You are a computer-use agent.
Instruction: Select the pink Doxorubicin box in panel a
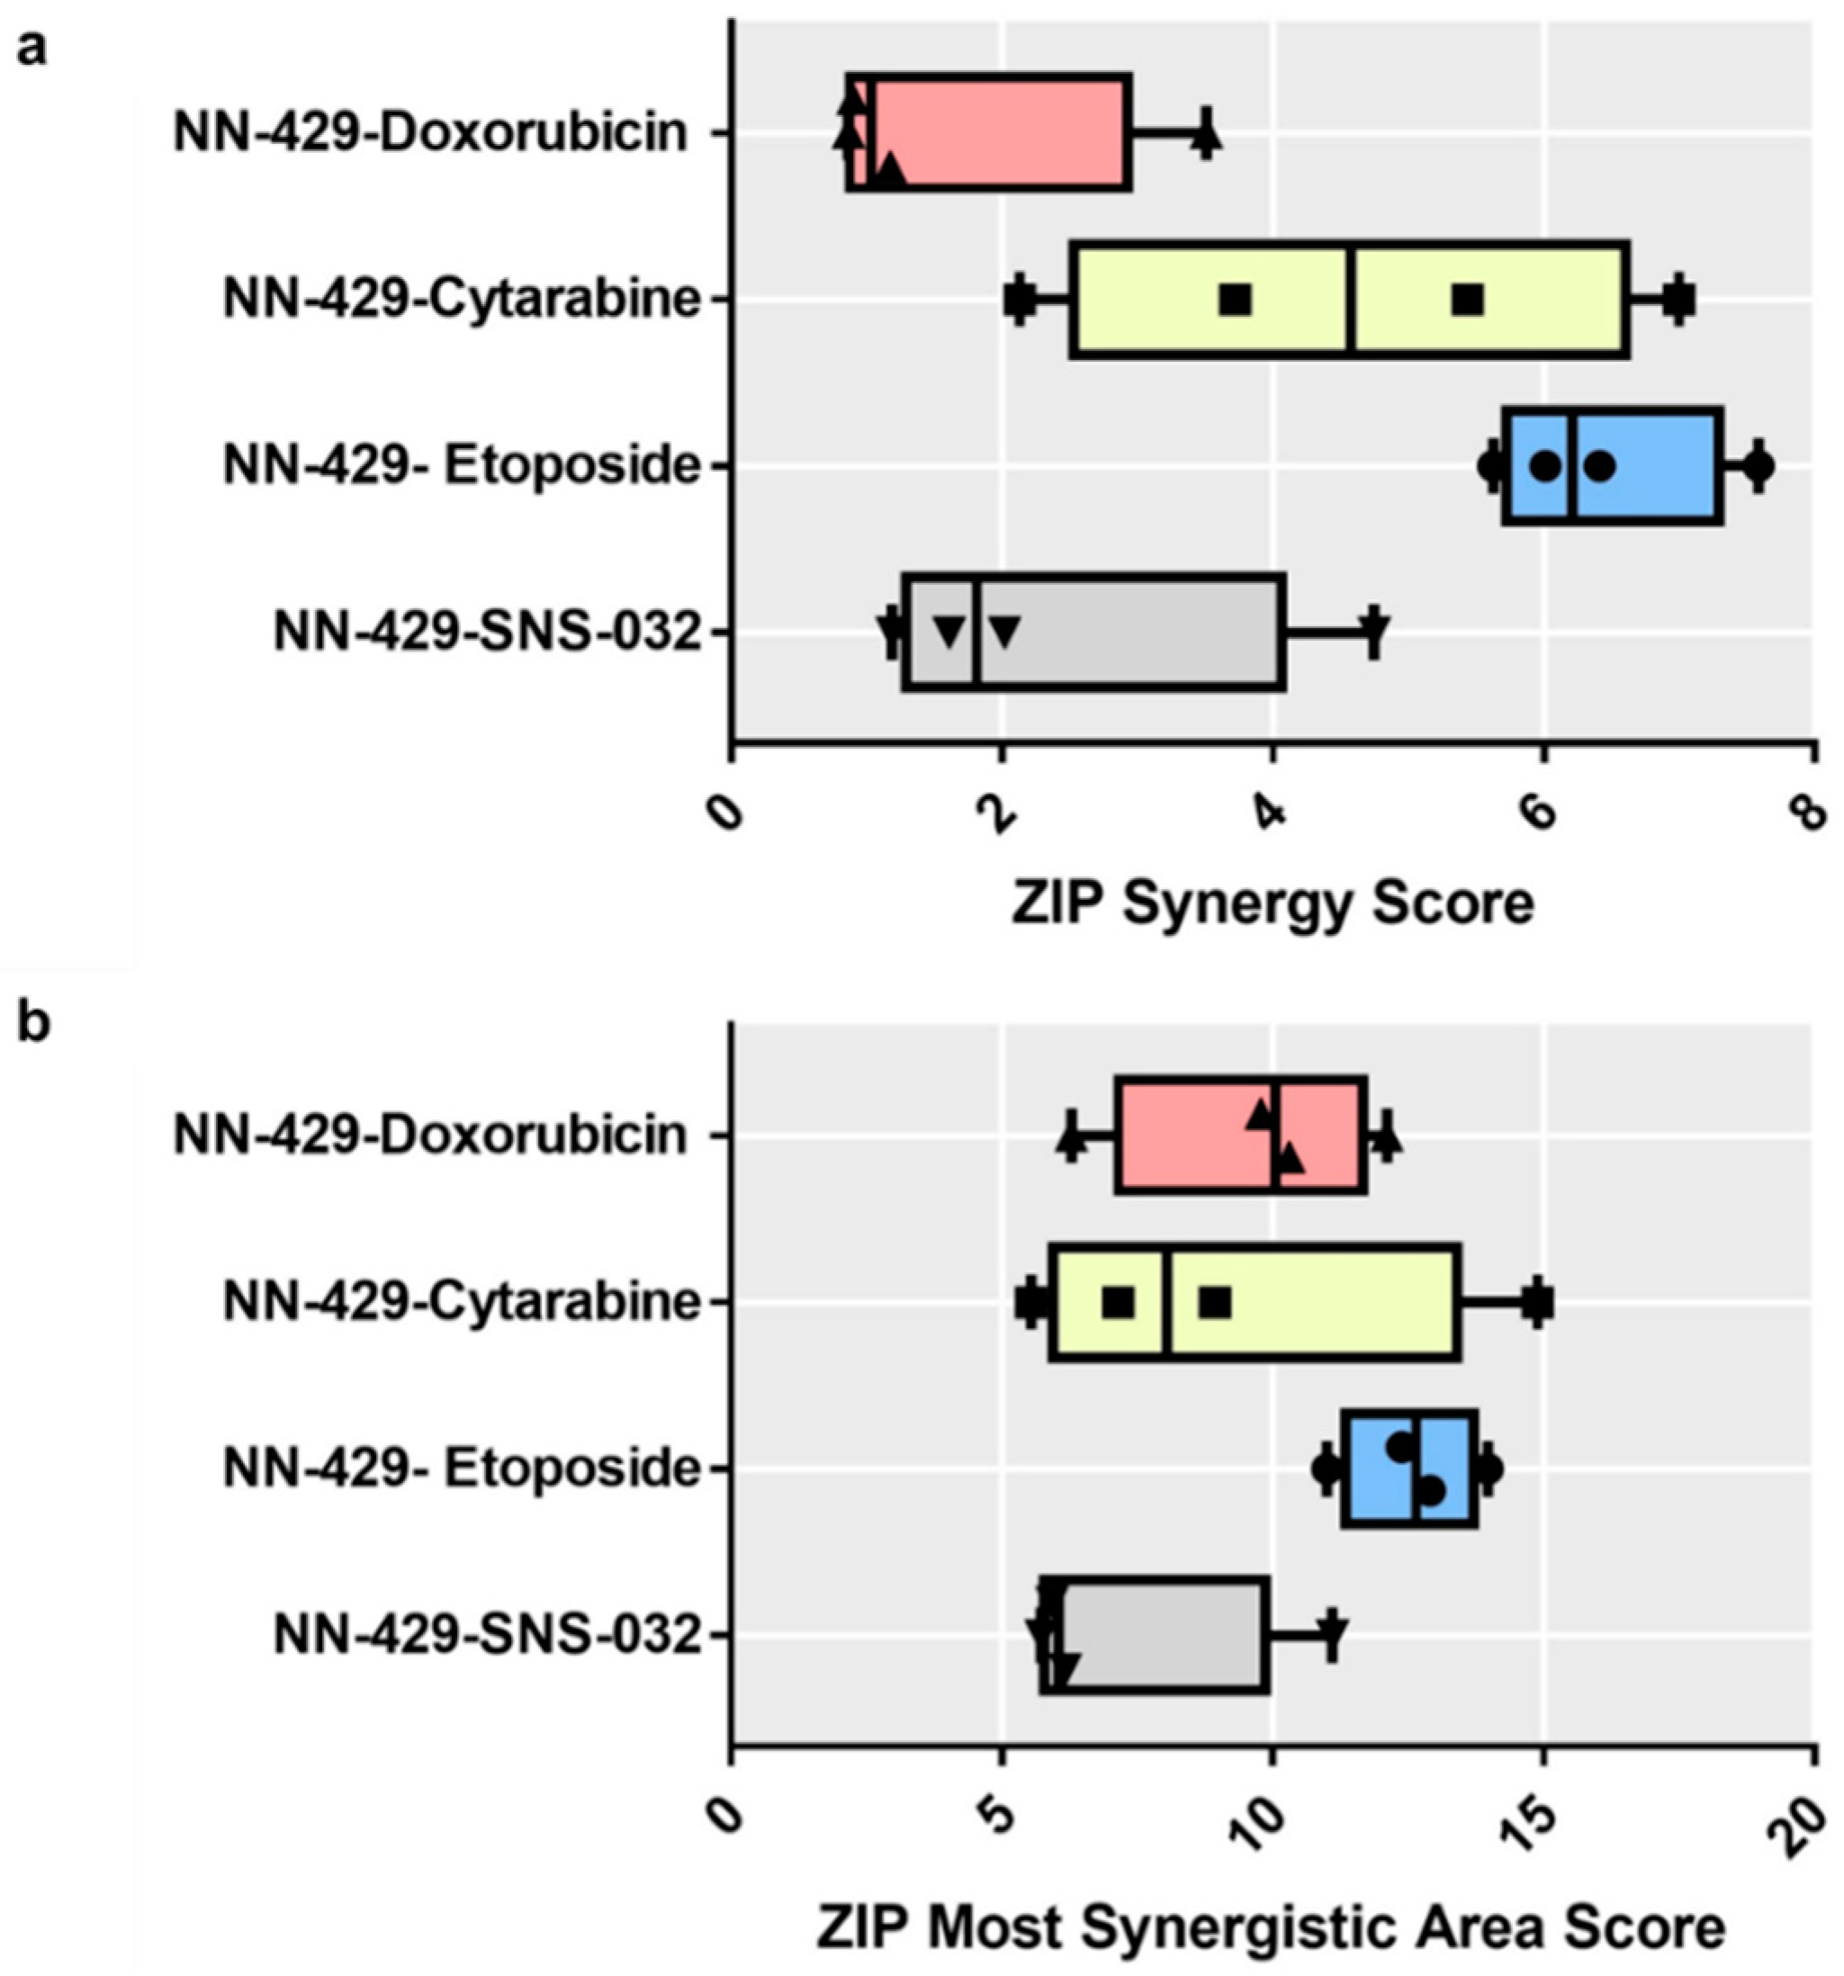(1004, 131)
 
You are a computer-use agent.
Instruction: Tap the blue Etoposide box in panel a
(1651, 464)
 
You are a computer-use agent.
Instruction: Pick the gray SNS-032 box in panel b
(1163, 1633)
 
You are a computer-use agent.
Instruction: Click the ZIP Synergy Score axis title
(1273, 903)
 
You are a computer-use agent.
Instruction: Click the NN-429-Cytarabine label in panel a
(462, 298)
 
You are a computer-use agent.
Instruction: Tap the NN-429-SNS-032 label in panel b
(487, 1634)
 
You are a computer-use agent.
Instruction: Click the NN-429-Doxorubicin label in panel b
(429, 1134)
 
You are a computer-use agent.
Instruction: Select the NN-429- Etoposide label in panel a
(462, 465)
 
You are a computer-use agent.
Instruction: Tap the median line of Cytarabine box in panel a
(1352, 298)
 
